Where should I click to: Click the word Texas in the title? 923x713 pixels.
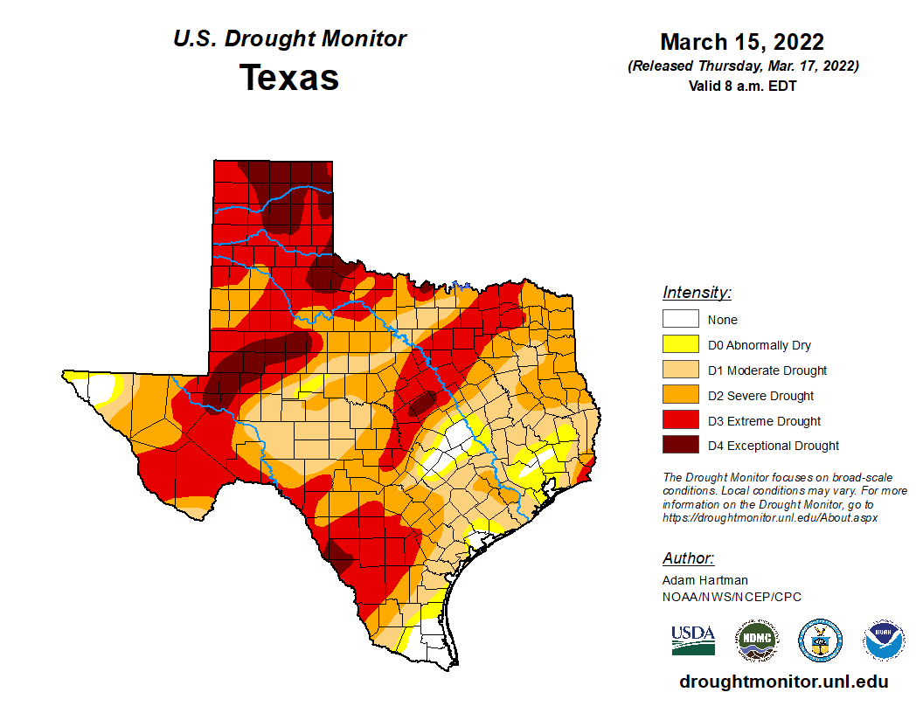coord(289,77)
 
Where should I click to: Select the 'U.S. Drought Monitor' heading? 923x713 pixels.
coord(289,39)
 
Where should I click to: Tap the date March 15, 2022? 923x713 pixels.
coord(742,42)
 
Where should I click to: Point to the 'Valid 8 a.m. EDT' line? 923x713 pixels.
coord(742,86)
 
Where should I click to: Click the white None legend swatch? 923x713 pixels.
coord(680,320)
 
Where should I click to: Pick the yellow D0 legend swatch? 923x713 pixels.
coord(680,345)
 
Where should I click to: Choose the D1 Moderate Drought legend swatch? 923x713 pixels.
coord(680,370)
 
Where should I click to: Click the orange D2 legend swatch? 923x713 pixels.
coord(680,396)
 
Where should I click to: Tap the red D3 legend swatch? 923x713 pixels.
coord(680,421)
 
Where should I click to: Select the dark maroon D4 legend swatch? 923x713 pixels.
coord(680,446)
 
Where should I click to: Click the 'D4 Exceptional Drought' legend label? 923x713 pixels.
coord(774,446)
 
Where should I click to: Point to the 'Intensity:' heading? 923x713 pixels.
coord(697,293)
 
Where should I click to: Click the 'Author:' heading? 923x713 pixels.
coord(688,558)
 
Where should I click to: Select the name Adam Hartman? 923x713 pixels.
coord(705,580)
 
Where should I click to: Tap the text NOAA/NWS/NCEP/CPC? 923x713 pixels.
coord(732,597)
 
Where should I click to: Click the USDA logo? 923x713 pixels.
coord(693,640)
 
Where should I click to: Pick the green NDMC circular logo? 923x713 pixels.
coord(756,640)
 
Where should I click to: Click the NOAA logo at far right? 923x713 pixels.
coord(884,640)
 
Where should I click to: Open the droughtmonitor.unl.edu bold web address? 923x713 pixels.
coord(784,682)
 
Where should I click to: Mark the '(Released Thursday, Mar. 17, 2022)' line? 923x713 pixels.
coord(742,66)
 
